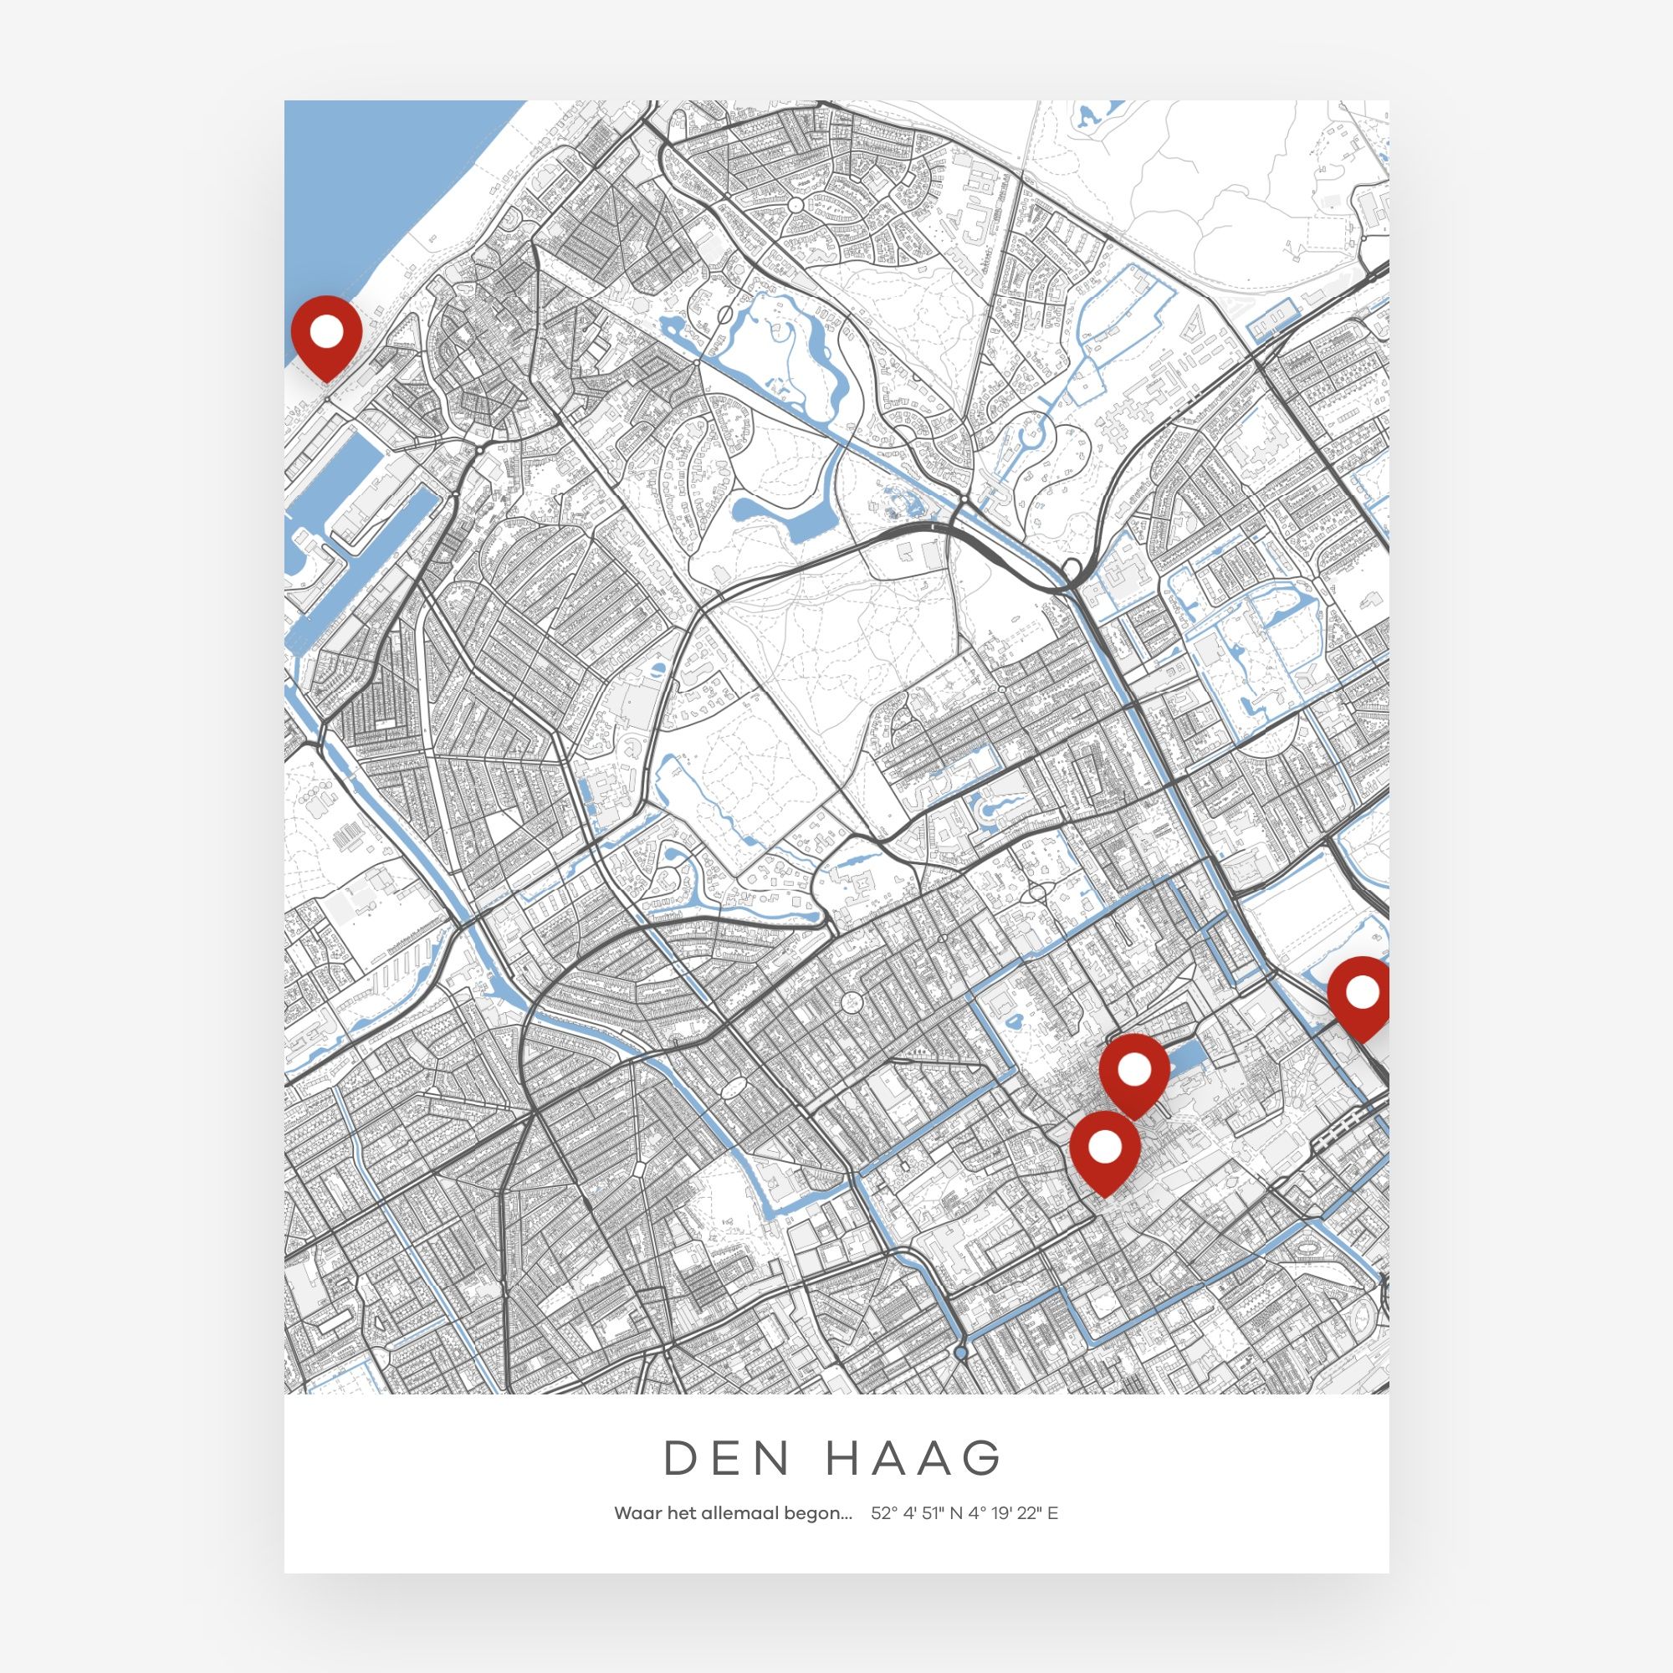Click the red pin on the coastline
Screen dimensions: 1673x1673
point(325,335)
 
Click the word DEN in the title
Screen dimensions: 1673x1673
point(728,1458)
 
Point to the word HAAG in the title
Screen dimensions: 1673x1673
point(914,1458)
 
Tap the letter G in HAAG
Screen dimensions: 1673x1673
point(985,1458)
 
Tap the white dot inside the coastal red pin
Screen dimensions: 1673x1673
point(325,329)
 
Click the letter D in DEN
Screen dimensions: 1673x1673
point(681,1458)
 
